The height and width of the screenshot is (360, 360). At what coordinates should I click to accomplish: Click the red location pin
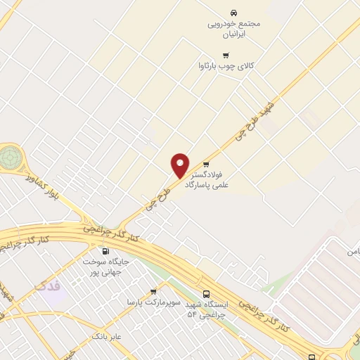click(180, 165)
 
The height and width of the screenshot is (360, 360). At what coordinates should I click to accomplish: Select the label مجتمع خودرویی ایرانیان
click(233, 28)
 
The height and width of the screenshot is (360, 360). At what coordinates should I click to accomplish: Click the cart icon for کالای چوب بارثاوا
click(225, 56)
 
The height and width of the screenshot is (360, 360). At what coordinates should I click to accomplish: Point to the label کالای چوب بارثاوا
click(226, 67)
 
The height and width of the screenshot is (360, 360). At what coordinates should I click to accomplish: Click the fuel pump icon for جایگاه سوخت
click(105, 251)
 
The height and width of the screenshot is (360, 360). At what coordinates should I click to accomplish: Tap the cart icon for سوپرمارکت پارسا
click(153, 291)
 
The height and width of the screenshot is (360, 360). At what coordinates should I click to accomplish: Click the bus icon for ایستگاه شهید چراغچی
click(206, 294)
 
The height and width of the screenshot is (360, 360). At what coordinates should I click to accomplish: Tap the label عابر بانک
click(106, 337)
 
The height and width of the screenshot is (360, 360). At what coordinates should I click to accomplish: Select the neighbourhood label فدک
click(48, 286)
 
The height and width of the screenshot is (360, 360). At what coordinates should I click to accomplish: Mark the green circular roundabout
click(10, 157)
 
